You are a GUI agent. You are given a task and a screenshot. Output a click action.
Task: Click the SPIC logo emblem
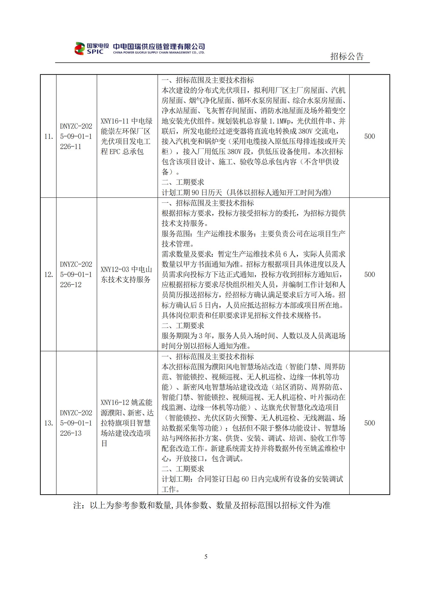click(x=80, y=49)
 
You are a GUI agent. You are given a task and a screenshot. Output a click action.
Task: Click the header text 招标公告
click(x=347, y=56)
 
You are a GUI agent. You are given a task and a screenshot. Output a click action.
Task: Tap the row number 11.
click(x=48, y=136)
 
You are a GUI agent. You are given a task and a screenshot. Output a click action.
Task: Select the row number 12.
click(x=48, y=274)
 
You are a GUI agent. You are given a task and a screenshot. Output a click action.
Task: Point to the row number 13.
click(x=48, y=423)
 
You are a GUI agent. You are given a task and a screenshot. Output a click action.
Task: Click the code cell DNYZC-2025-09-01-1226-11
click(x=76, y=136)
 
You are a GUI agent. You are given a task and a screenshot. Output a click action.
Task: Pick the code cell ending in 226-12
click(x=76, y=274)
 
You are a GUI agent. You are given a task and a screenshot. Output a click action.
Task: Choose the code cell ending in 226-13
click(x=76, y=423)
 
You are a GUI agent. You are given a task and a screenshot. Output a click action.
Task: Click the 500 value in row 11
click(x=369, y=136)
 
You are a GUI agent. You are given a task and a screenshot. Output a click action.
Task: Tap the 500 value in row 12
click(x=369, y=274)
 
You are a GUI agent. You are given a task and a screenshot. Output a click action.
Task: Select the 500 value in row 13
click(x=369, y=423)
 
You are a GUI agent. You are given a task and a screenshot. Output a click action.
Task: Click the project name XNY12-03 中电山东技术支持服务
click(x=126, y=274)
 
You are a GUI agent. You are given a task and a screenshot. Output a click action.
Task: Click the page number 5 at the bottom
click(x=206, y=557)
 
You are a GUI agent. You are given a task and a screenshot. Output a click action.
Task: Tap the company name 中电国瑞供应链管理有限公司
click(x=159, y=46)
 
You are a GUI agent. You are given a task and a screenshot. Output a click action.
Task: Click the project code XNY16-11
click(x=115, y=121)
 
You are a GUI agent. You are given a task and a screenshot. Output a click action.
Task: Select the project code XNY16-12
click(x=115, y=402)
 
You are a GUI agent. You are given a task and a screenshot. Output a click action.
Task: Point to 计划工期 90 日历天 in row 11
click(x=192, y=192)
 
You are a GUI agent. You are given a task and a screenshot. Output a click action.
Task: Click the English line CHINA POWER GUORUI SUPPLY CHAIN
click(x=159, y=53)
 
